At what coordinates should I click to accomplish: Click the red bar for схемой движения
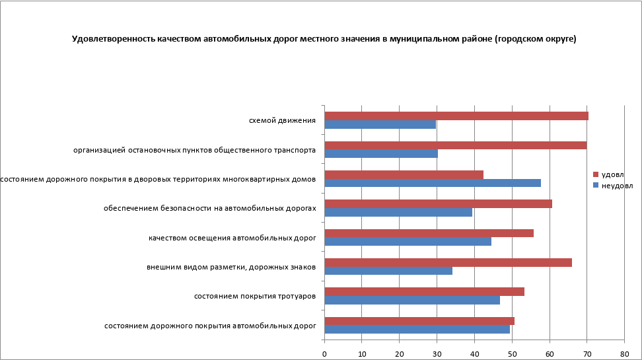tap(456, 116)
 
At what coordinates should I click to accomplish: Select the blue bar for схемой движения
tap(380, 124)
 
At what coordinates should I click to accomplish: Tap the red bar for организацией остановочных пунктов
tap(455, 145)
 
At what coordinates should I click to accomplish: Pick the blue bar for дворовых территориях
tap(433, 183)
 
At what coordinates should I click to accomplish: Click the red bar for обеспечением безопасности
tap(438, 203)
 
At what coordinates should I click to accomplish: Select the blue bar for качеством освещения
tap(408, 241)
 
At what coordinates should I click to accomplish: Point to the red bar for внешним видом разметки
tap(448, 262)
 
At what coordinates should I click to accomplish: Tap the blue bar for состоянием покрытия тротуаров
tap(412, 300)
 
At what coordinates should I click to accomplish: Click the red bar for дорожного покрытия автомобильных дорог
tap(419, 321)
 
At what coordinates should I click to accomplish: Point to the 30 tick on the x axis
tap(437, 354)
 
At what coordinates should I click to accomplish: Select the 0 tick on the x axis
tap(324, 354)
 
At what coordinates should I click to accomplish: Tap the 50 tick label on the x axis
tap(512, 354)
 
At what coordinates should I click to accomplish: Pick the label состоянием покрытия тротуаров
tap(254, 296)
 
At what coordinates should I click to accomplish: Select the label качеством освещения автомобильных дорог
tap(232, 237)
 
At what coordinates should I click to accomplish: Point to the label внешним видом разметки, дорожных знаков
tap(231, 267)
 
